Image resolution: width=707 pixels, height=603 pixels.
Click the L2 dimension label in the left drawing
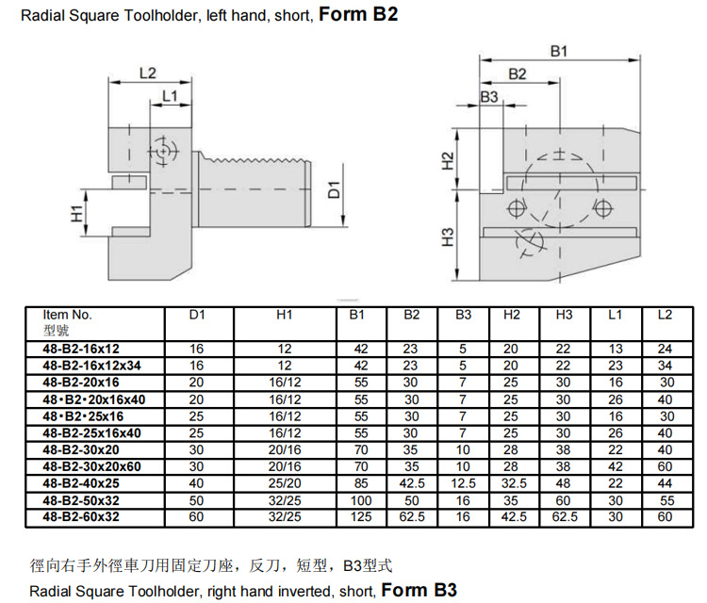[147, 73]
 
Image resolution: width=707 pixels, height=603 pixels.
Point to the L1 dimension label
[170, 96]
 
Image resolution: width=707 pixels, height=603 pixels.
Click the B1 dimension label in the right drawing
[558, 49]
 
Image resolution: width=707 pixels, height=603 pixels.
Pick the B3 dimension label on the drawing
[489, 97]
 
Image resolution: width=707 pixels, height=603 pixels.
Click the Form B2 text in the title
[358, 16]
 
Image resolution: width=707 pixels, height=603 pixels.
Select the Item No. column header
[68, 315]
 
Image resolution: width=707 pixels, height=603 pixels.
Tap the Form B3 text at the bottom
[419, 591]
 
